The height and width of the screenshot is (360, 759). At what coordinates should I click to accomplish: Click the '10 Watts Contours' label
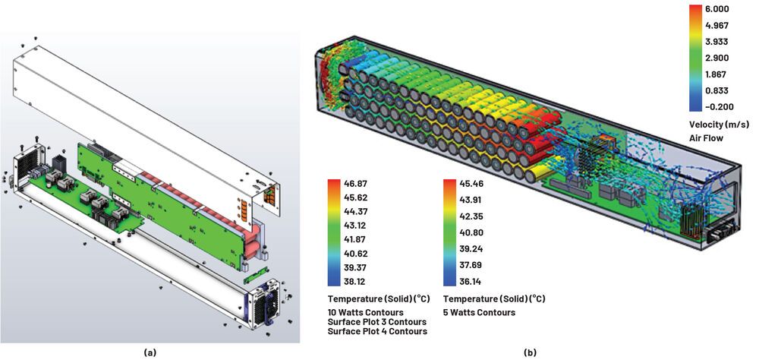(x=367, y=312)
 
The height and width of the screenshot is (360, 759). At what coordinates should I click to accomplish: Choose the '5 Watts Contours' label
(x=479, y=312)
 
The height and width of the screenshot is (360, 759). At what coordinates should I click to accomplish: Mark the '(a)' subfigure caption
(x=150, y=352)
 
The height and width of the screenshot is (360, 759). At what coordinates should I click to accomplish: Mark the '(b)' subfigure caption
(x=529, y=352)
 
